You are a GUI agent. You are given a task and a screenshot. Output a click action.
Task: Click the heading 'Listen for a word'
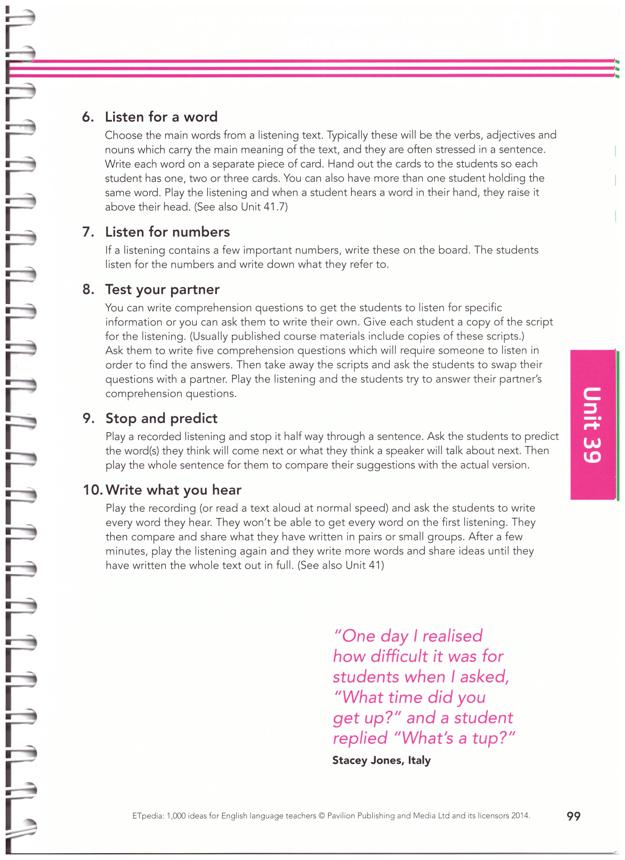click(x=161, y=117)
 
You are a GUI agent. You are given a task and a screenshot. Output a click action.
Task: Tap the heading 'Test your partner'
click(x=162, y=289)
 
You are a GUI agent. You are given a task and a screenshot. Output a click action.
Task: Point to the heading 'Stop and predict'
click(x=161, y=418)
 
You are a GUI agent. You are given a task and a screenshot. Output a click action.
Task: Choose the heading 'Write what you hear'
click(x=174, y=490)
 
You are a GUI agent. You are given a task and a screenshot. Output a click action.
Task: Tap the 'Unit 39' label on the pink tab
click(x=592, y=424)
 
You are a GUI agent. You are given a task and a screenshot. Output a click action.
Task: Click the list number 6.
click(x=87, y=117)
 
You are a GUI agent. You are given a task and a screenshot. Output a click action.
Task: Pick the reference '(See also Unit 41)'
click(x=341, y=565)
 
